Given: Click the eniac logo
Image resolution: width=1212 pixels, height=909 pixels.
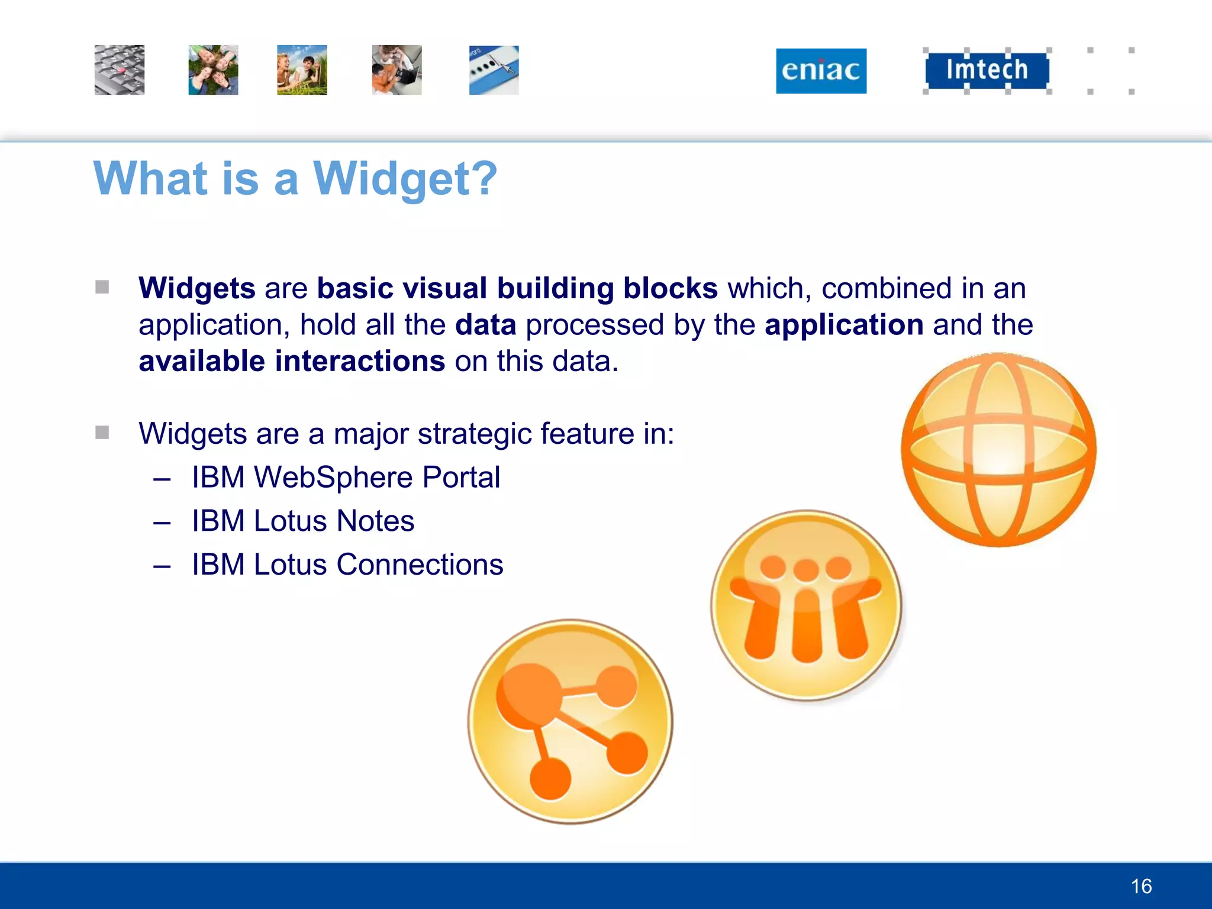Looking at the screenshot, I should (x=821, y=70).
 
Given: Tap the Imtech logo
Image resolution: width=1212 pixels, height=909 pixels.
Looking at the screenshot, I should (x=987, y=70).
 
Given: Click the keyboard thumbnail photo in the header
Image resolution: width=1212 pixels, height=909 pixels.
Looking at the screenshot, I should (x=120, y=70).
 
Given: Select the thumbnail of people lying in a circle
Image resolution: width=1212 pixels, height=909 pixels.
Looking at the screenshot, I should (x=213, y=70).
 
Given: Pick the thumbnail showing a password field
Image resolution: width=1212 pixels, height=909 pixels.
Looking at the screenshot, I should (x=494, y=70).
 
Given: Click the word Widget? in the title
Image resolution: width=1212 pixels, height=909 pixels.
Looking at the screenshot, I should (x=405, y=178).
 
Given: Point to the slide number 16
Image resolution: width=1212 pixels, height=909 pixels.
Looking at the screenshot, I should (x=1141, y=886).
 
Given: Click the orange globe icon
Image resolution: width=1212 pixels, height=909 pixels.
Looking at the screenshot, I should (x=998, y=450).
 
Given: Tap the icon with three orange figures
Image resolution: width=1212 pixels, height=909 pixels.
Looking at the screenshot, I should (x=806, y=605).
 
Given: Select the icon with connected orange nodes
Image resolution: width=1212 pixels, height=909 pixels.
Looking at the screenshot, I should (x=570, y=721).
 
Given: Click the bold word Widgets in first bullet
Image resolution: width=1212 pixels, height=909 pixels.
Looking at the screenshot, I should (x=196, y=289).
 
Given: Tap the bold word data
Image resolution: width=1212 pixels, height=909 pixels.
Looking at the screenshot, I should (x=485, y=325).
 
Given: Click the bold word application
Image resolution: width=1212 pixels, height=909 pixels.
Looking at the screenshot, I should (x=844, y=325).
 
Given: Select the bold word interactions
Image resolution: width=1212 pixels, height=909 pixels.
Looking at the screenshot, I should (x=360, y=361).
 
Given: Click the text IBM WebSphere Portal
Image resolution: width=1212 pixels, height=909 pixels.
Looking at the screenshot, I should (x=346, y=477).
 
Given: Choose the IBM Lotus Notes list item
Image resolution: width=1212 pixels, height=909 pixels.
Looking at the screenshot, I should (x=303, y=521).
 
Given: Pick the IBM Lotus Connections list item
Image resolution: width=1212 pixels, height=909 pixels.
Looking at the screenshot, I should (x=347, y=565).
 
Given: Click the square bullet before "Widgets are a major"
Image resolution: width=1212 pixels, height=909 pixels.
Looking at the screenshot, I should (x=102, y=433).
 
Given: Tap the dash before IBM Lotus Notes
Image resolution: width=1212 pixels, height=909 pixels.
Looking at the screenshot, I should (x=162, y=523).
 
